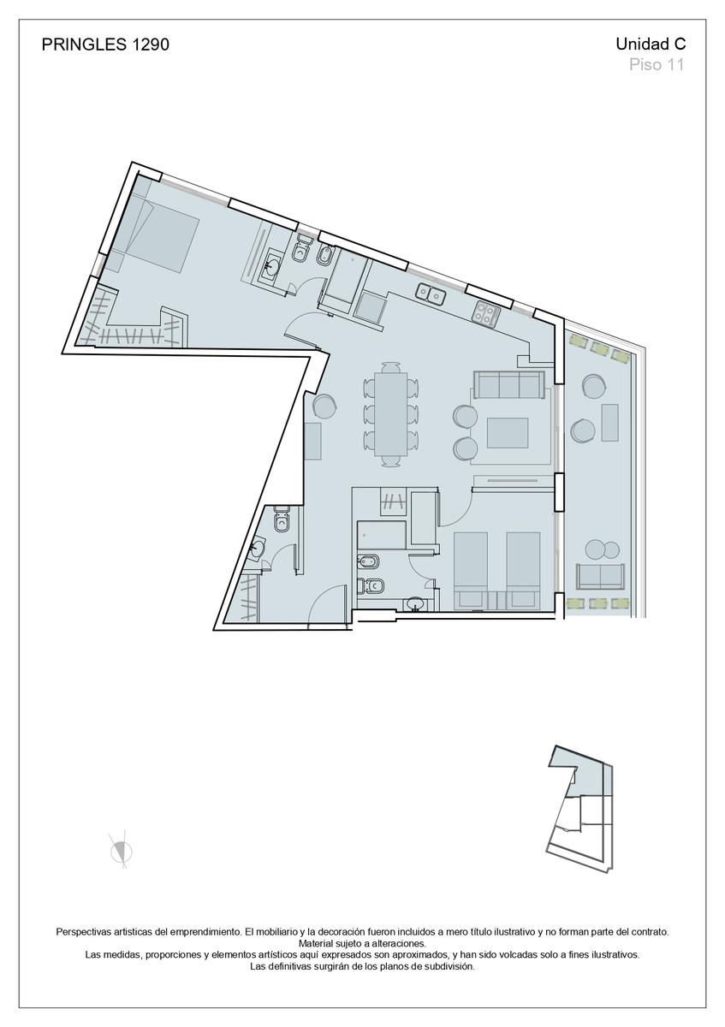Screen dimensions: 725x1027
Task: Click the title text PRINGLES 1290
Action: pos(105,45)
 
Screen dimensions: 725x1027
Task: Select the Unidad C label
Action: pos(651,44)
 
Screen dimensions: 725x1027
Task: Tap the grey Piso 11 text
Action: pos(657,65)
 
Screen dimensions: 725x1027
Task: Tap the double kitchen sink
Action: pos(431,294)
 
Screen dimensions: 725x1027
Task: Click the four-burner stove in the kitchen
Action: pos(487,312)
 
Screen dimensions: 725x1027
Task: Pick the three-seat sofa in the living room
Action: pos(509,385)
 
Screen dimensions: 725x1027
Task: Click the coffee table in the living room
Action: pos(508,432)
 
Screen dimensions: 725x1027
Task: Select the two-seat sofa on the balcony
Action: pos(600,576)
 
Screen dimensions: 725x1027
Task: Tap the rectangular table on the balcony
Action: pos(610,422)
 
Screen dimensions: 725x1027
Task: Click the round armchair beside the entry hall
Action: pos(325,406)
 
